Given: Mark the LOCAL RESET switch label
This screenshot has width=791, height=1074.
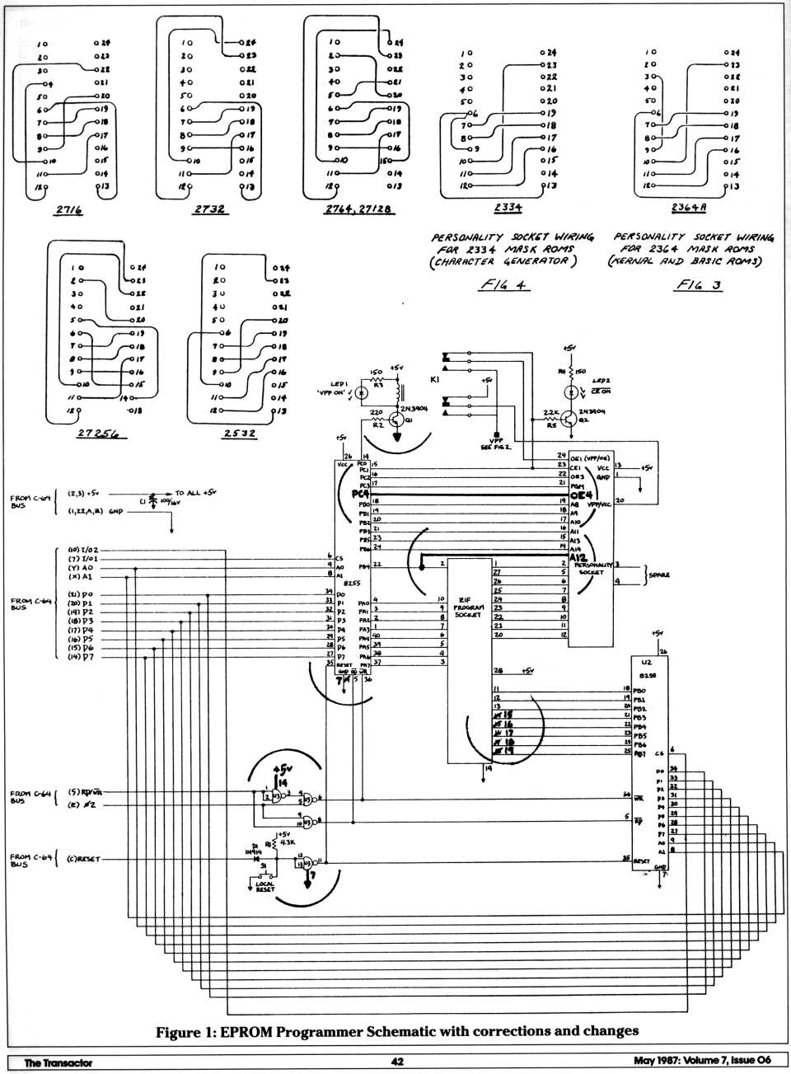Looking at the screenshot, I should [x=265, y=889].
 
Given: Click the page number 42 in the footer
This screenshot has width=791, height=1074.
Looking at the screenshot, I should [x=395, y=1062].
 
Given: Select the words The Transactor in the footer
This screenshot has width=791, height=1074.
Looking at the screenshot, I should [x=58, y=1062].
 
